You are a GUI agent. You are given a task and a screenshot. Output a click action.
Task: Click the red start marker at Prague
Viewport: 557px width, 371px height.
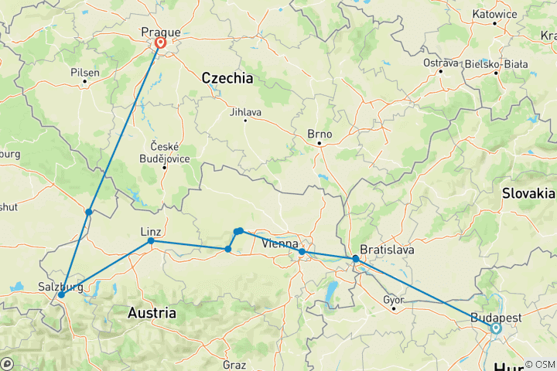(160, 43)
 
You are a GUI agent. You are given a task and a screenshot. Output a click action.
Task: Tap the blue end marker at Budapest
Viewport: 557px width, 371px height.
(495, 328)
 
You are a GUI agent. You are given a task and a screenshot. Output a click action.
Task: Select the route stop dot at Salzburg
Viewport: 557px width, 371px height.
(61, 294)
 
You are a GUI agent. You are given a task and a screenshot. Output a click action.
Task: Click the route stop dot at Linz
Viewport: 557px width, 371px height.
(151, 241)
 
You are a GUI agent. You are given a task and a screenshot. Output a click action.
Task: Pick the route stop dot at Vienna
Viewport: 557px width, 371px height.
(302, 252)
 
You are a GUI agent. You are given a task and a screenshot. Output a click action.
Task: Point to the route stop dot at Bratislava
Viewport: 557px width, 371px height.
(355, 258)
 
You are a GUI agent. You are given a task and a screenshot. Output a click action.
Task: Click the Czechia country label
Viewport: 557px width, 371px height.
(227, 78)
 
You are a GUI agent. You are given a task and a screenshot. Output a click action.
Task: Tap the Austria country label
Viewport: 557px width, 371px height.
(152, 313)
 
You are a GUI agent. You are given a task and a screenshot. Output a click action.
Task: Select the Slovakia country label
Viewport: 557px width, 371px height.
(528, 192)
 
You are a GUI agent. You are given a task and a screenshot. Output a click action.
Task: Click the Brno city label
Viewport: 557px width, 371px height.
(320, 134)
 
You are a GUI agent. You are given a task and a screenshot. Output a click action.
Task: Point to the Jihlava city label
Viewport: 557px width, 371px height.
(245, 111)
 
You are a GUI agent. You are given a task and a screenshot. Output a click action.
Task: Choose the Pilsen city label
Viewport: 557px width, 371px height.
(84, 72)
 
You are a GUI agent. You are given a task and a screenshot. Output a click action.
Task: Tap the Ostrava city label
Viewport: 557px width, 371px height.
(440, 62)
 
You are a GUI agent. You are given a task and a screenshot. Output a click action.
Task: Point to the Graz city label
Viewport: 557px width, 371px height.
(235, 363)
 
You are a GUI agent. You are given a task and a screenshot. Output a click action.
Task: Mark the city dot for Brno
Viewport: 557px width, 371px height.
(319, 144)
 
